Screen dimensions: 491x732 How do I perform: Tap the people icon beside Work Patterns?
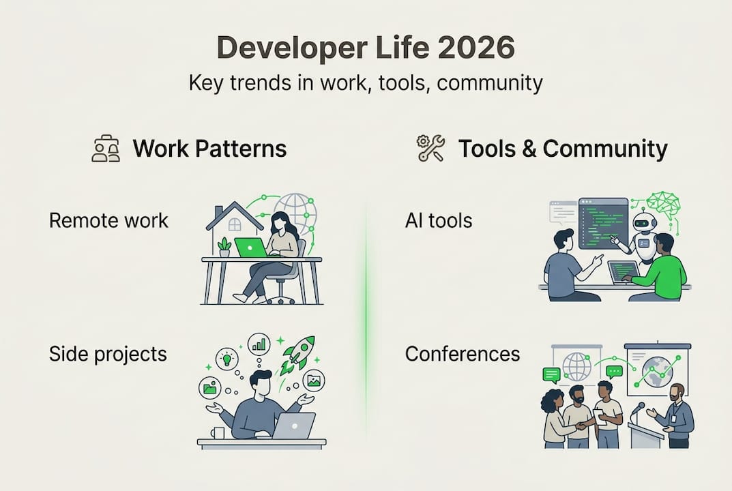[106, 149]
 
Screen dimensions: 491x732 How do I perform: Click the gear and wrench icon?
[430, 149]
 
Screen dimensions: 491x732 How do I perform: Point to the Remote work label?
[108, 220]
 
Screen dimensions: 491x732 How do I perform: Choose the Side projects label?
[108, 354]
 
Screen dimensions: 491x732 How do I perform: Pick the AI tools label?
[439, 220]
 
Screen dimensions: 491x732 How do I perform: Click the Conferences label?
[462, 354]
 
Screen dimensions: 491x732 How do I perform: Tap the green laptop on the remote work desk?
[250, 247]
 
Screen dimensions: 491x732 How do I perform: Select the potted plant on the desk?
[224, 246]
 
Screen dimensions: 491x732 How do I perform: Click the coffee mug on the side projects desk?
[217, 434]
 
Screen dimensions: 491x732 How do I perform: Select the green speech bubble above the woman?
[551, 374]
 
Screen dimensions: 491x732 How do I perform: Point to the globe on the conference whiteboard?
[576, 366]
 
